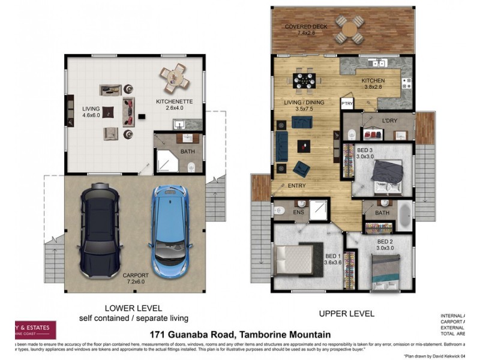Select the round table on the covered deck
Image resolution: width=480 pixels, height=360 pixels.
point(349,29)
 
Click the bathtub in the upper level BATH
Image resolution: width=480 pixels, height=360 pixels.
point(405,214)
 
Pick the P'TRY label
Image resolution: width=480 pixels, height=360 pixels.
point(347,104)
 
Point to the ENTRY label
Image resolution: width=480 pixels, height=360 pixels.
point(296,186)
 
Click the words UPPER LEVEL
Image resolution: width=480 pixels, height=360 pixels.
point(347,313)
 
